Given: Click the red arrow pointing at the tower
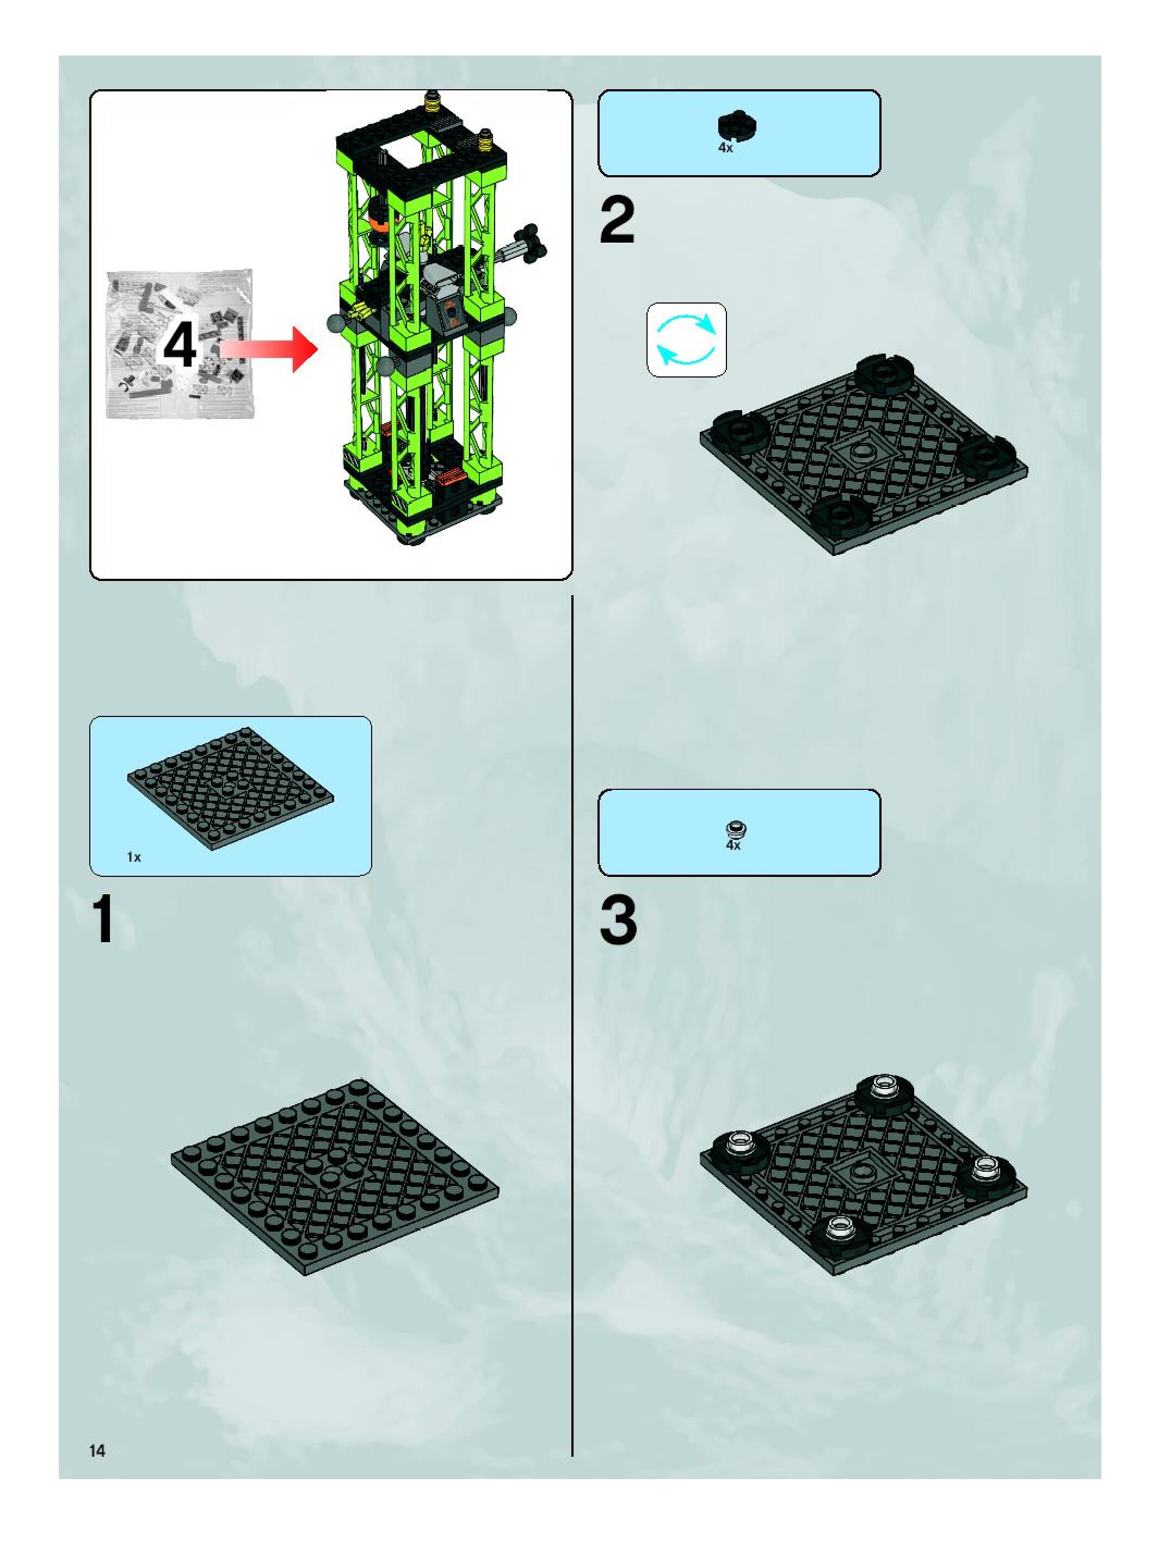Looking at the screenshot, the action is tap(268, 348).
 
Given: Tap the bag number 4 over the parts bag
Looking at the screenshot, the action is tap(180, 348).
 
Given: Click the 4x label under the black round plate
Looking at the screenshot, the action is tap(726, 148).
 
